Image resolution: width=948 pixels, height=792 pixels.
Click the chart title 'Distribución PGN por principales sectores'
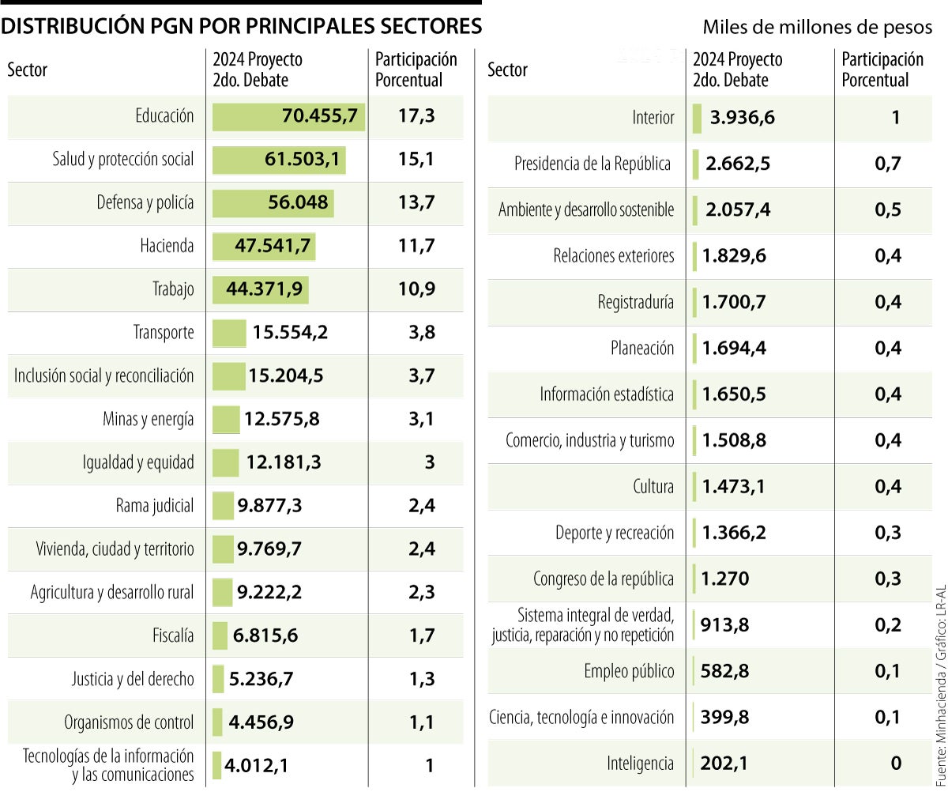(x=242, y=26)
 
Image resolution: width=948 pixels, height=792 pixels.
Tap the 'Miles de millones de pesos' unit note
(x=818, y=28)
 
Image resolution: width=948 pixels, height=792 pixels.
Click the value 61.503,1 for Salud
(x=303, y=160)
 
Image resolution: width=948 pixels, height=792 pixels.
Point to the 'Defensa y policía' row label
(x=145, y=203)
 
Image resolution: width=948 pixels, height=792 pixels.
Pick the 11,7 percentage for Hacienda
(x=416, y=246)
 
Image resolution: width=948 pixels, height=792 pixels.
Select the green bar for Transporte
(x=229, y=333)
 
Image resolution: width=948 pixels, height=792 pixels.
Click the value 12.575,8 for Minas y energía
(x=282, y=419)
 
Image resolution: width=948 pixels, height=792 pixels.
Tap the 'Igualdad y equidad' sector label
(x=138, y=462)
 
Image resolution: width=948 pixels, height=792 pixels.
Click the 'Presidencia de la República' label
(x=592, y=164)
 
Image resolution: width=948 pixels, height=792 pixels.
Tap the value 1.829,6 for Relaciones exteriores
(x=734, y=256)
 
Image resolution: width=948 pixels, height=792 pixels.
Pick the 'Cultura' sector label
(x=653, y=487)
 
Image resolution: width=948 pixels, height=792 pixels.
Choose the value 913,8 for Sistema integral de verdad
(x=725, y=625)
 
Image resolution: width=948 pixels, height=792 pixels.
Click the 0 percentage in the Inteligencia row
(x=895, y=764)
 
